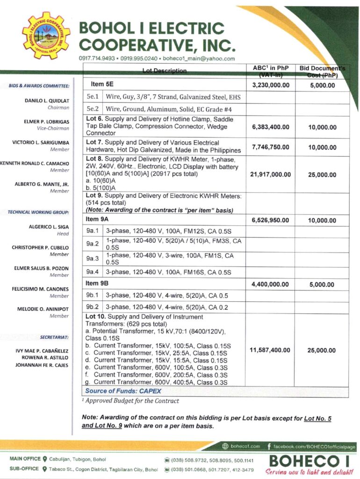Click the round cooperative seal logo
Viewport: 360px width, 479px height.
point(46,35)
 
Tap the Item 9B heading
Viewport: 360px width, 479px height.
point(99,283)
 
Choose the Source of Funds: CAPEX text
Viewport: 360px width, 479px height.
point(123,391)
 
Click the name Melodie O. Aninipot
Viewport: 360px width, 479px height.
point(43,309)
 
